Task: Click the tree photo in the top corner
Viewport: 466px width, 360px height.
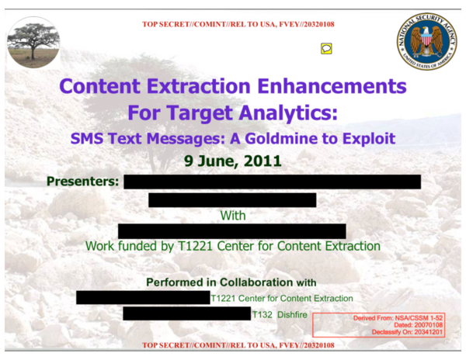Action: pos(33,42)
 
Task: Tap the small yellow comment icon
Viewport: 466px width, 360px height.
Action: pos(327,48)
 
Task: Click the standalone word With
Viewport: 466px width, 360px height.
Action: pos(233,214)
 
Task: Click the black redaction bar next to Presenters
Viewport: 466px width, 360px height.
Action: pos(272,182)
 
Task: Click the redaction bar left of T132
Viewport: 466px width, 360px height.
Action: pos(186,314)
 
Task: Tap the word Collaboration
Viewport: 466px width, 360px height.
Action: pos(247,282)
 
